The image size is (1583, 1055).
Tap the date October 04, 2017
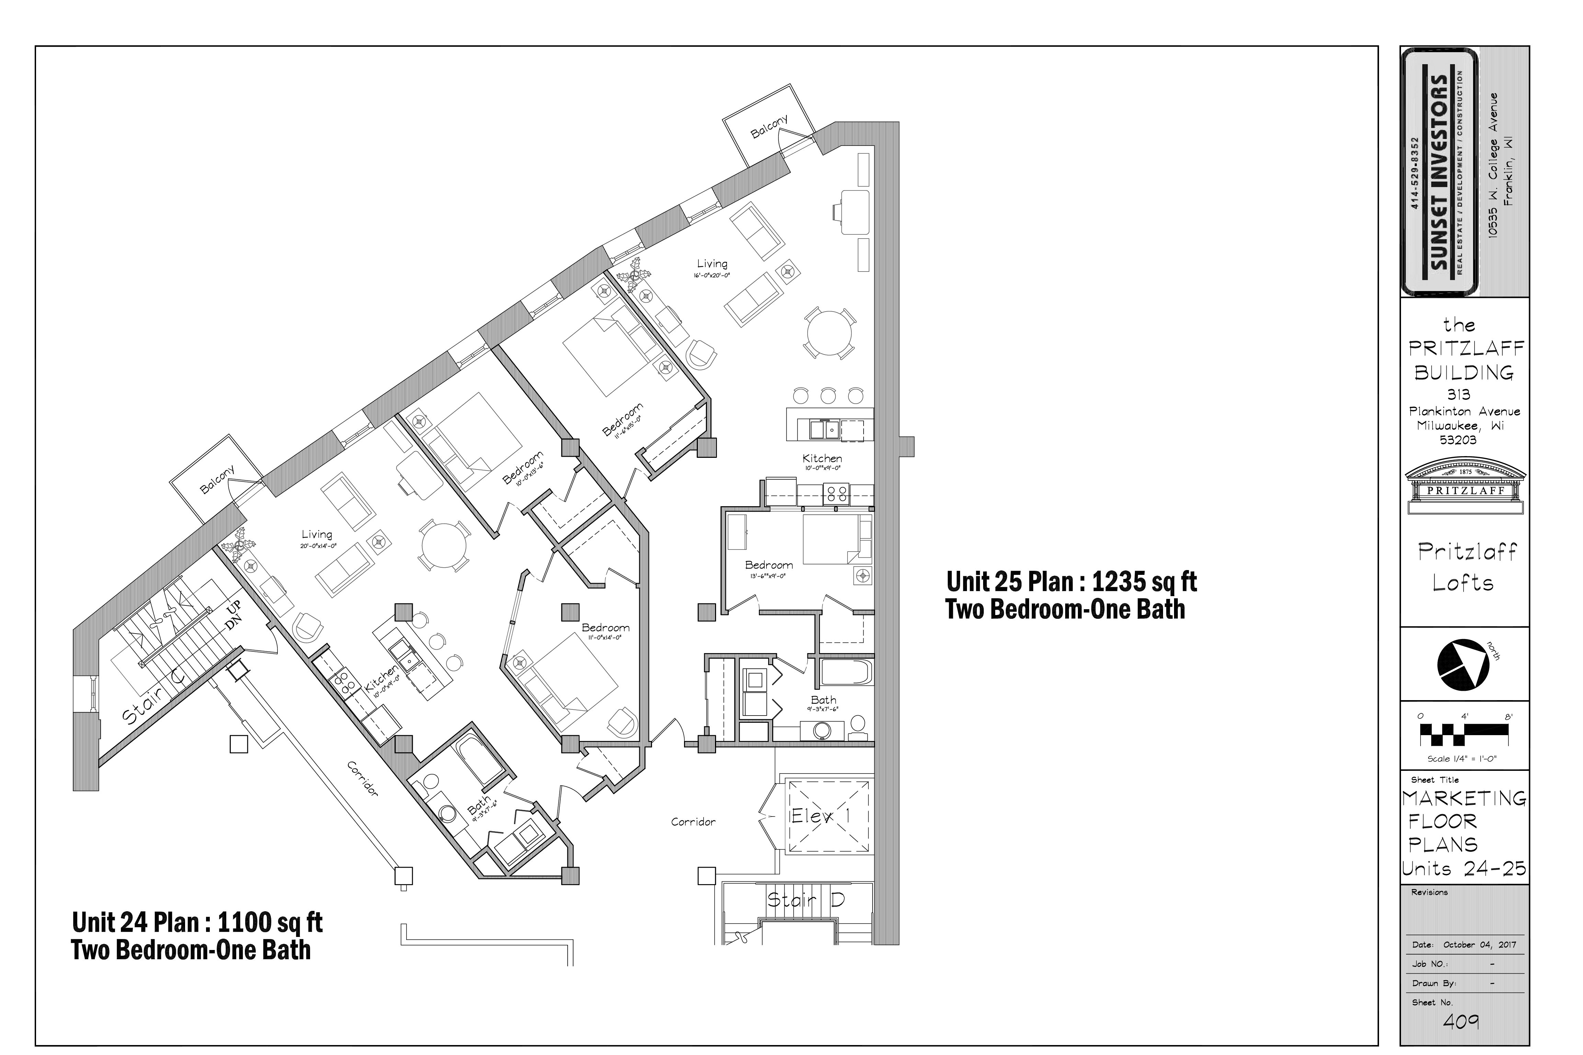tap(1479, 944)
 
